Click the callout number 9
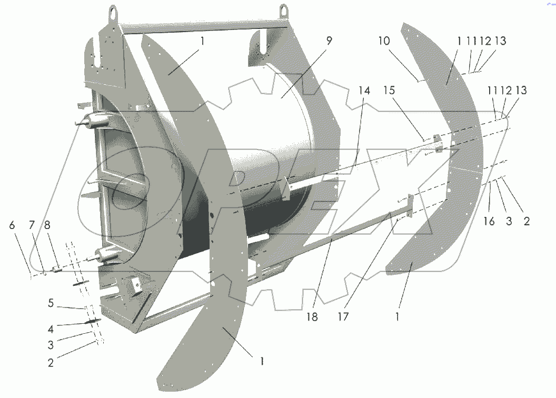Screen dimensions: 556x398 pyautogui.click(x=329, y=42)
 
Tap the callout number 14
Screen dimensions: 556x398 pyautogui.click(x=364, y=91)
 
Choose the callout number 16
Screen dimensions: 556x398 pyautogui.click(x=489, y=222)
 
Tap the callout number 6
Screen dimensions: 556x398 pyautogui.click(x=12, y=225)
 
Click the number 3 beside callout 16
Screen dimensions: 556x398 pyautogui.click(x=509, y=222)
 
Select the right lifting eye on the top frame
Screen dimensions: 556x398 pyautogui.click(x=285, y=10)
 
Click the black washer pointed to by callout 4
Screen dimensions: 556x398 pyautogui.click(x=91, y=323)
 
